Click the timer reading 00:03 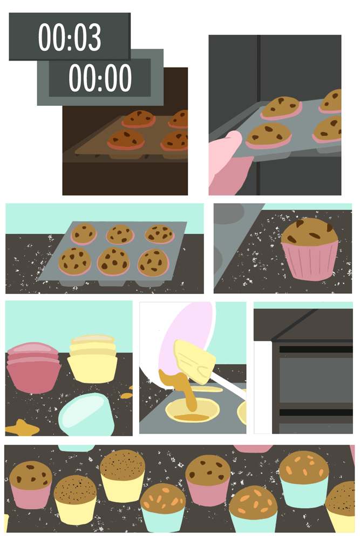tap(70, 37)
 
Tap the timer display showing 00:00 tap(100, 77)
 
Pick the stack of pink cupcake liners tap(33, 367)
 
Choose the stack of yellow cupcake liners tap(92, 359)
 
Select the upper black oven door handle tap(316, 349)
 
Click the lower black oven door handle tap(316, 412)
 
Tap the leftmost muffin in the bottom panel tap(31, 484)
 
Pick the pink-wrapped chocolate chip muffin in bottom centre tap(208, 481)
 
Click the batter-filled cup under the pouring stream tap(192, 410)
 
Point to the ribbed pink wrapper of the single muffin tap(310, 261)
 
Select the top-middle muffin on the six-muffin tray tap(120, 234)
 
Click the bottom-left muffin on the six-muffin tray tap(74, 261)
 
